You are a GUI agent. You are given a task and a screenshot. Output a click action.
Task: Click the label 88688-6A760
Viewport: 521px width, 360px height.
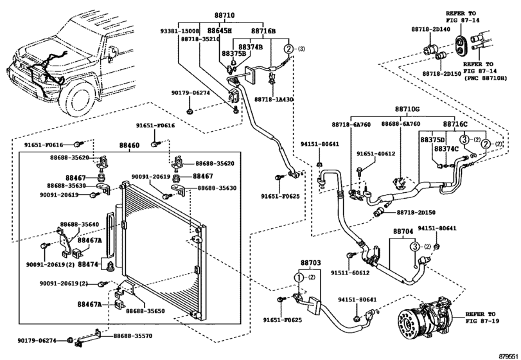[x=400, y=124]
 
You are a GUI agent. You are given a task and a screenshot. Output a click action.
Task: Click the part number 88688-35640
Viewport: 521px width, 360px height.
[x=79, y=224]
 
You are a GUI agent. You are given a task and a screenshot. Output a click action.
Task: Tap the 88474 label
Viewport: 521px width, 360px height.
[x=88, y=264]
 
